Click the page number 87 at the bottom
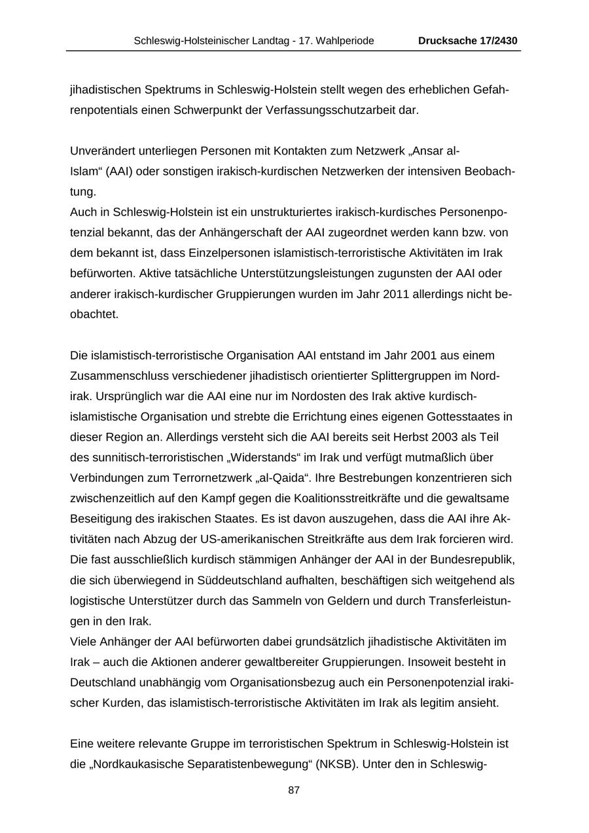(x=294, y=790)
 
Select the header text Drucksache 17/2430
(x=468, y=41)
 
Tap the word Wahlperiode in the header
(x=346, y=41)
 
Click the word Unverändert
(x=102, y=151)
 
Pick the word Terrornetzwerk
(x=211, y=478)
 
